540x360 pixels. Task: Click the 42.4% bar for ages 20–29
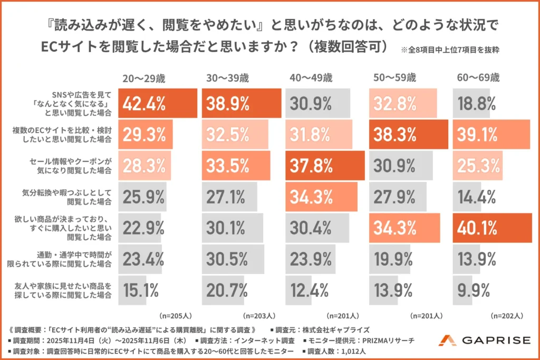click(x=157, y=103)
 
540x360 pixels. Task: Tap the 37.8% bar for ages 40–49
click(x=325, y=166)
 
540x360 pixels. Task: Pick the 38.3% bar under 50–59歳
click(x=409, y=134)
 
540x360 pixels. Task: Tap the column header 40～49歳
click(x=311, y=78)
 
